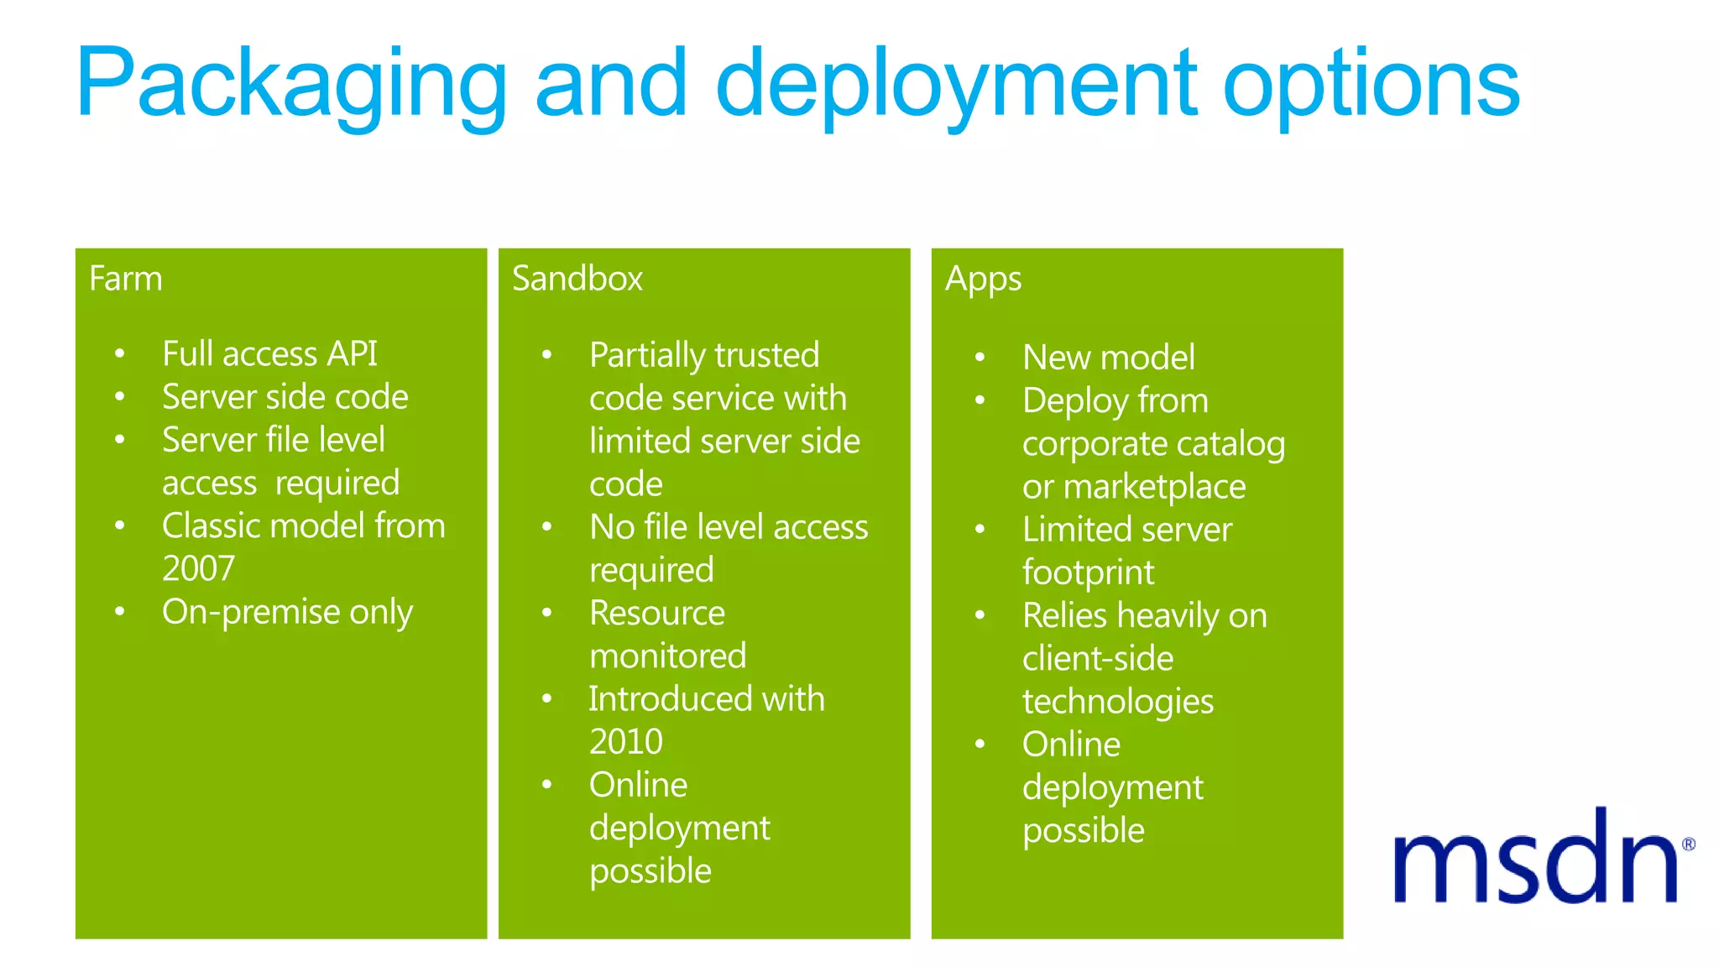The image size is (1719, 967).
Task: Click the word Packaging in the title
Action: click(x=290, y=84)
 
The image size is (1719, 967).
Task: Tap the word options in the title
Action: click(x=1371, y=84)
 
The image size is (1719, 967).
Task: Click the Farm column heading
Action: click(x=126, y=279)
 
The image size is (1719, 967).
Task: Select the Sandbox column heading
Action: click(x=577, y=279)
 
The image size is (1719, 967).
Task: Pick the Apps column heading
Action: click(x=983, y=280)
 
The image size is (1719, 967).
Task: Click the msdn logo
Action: click(x=1535, y=859)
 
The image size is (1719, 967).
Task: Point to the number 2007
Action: click(x=198, y=569)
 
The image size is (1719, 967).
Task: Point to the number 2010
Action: click(x=625, y=742)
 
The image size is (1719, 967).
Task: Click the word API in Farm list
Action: click(x=352, y=353)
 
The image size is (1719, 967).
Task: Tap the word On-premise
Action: click(x=251, y=612)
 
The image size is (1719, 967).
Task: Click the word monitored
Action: click(x=667, y=656)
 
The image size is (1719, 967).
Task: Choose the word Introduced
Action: click(x=658, y=698)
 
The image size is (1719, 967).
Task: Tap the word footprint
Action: click(x=1088, y=573)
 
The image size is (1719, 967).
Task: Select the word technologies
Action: click(x=1117, y=702)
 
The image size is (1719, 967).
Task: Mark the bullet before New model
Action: click(x=980, y=357)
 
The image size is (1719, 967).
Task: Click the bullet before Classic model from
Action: click(x=120, y=525)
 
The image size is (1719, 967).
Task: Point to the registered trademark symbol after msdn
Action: click(x=1688, y=844)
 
